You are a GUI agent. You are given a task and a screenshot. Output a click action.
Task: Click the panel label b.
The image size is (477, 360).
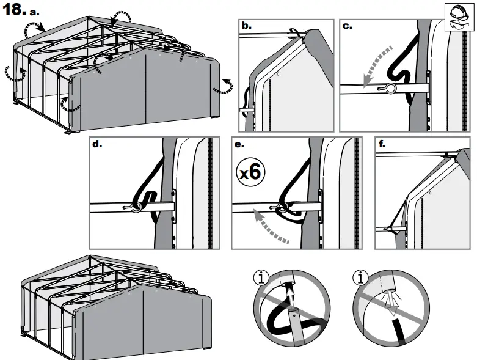coord(247,26)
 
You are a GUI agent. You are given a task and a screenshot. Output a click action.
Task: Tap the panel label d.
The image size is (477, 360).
coord(97,145)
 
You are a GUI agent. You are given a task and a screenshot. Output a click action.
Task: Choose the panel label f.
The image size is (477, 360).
coord(382,145)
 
